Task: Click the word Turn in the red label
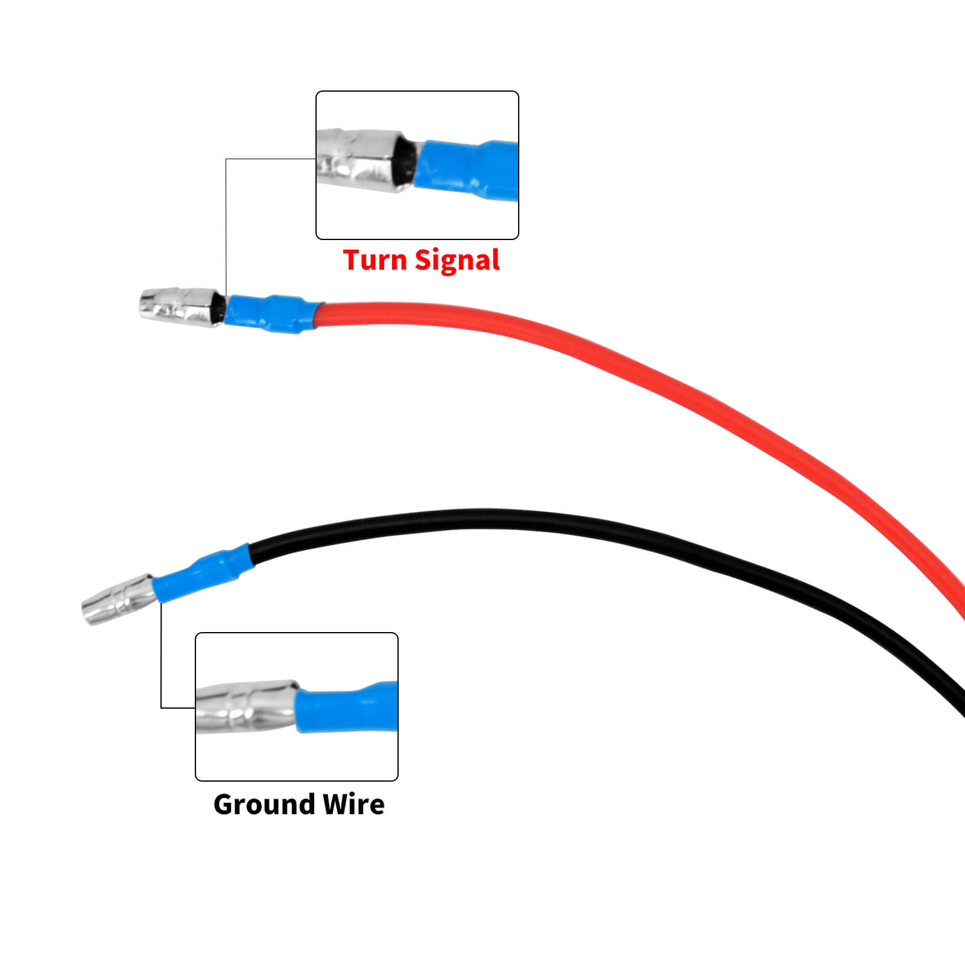pyautogui.click(x=375, y=261)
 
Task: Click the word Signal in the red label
pyautogui.click(x=457, y=261)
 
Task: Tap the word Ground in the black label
pyautogui.click(x=264, y=805)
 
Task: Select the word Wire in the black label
pyautogui.click(x=353, y=805)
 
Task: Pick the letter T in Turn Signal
pyautogui.click(x=353, y=260)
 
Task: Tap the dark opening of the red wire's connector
pyautogui.click(x=220, y=309)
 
